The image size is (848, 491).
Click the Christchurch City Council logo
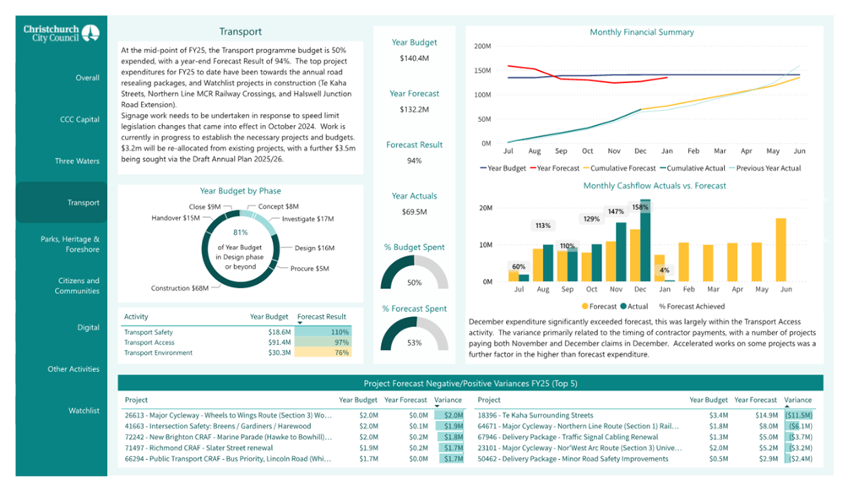click(62, 33)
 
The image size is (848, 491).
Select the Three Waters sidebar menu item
click(77, 161)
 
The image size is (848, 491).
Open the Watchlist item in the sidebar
click(84, 411)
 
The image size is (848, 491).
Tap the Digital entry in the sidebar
click(88, 327)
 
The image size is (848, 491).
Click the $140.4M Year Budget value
click(414, 58)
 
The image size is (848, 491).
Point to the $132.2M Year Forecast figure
click(414, 110)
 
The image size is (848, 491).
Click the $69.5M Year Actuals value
click(414, 211)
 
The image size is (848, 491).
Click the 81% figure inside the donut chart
click(241, 232)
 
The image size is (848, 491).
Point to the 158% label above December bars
click(640, 207)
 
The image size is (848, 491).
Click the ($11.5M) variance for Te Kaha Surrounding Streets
click(797, 416)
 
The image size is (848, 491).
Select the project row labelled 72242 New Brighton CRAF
click(228, 437)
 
